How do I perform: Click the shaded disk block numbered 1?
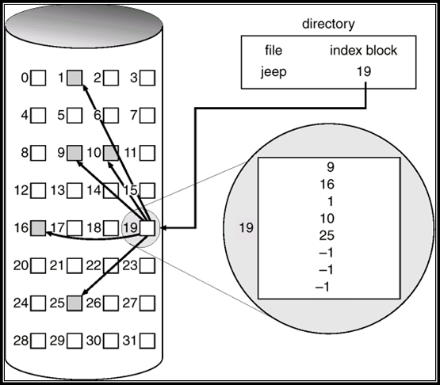click(75, 78)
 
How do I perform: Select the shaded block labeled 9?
click(75, 151)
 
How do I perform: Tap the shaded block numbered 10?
click(111, 151)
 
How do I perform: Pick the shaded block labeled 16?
click(38, 228)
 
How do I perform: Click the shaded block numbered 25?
click(75, 303)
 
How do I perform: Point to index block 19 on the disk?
click(147, 228)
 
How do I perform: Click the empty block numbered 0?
click(38, 78)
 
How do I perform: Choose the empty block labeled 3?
click(147, 78)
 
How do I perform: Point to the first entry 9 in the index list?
click(329, 167)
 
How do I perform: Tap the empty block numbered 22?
click(111, 265)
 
